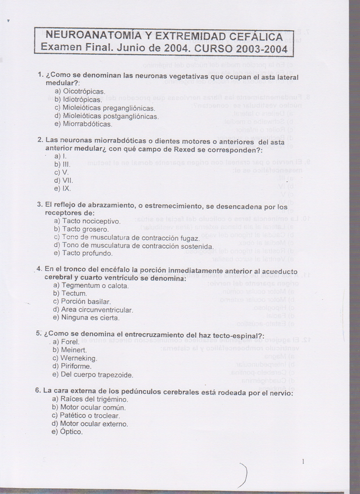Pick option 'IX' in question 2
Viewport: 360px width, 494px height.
tap(66, 189)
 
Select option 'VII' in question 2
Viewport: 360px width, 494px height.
tap(67, 181)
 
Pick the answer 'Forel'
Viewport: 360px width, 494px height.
tap(70, 341)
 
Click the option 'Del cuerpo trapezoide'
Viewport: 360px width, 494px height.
tap(96, 374)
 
